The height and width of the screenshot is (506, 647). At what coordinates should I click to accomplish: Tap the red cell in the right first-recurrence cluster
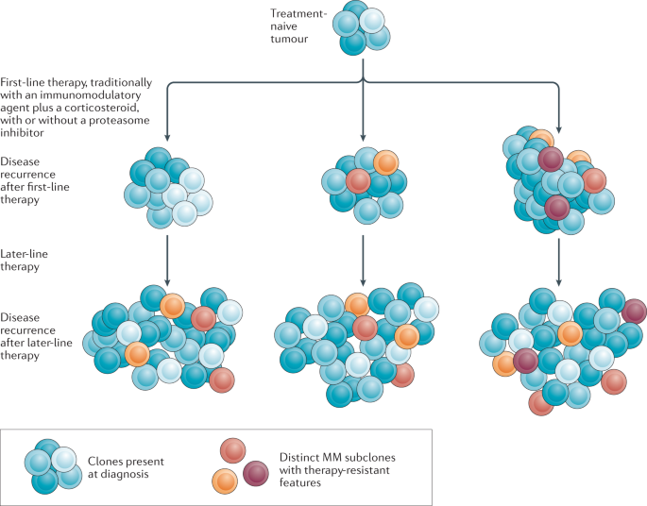[593, 179]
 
